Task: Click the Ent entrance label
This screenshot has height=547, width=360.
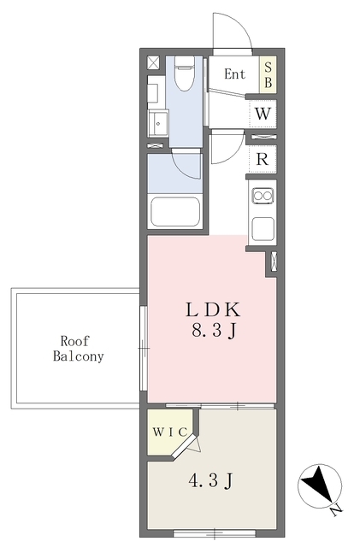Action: coord(234,74)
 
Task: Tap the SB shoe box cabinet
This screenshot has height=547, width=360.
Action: coord(268,74)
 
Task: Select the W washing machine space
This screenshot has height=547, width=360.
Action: coord(263,114)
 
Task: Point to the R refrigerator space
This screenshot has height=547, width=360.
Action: coord(263,160)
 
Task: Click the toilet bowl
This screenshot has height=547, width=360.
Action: coord(184,74)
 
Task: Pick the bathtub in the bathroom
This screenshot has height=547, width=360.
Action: coord(175,212)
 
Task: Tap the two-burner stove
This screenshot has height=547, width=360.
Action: coord(263,196)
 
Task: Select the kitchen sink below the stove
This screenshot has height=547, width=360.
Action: coord(263,228)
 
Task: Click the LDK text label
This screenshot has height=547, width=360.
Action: coord(213,309)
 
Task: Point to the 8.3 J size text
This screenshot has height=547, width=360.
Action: coord(214,330)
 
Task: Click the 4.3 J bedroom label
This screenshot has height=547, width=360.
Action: coord(210,481)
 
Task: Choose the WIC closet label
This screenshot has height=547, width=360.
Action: coord(170,432)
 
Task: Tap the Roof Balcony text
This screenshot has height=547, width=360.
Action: coord(78,349)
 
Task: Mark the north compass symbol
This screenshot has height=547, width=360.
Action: coord(320,486)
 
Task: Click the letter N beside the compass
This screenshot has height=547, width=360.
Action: coord(337,511)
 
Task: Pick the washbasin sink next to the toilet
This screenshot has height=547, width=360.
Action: coord(158,123)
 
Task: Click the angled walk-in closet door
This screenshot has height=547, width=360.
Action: coord(185,445)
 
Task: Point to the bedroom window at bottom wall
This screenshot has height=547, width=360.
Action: coord(215,533)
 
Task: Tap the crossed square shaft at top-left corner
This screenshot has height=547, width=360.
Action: coord(153,62)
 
